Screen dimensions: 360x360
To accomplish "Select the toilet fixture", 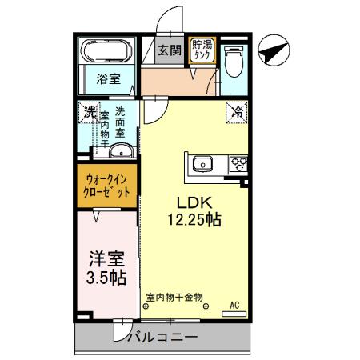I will tap(233, 60).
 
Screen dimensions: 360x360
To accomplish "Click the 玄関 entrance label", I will tap(169, 50).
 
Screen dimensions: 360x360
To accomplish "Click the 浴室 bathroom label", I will tap(109, 79).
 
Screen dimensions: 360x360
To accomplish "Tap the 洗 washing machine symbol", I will tap(89, 112).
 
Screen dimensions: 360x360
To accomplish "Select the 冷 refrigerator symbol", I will tap(238, 113).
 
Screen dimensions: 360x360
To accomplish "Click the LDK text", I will tap(192, 202).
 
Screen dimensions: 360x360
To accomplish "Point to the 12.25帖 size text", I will tap(194, 219).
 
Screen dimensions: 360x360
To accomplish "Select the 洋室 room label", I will tap(106, 260).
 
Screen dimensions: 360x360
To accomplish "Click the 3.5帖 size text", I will tap(106, 278).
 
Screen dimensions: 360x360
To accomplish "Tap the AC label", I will tap(235, 304).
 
